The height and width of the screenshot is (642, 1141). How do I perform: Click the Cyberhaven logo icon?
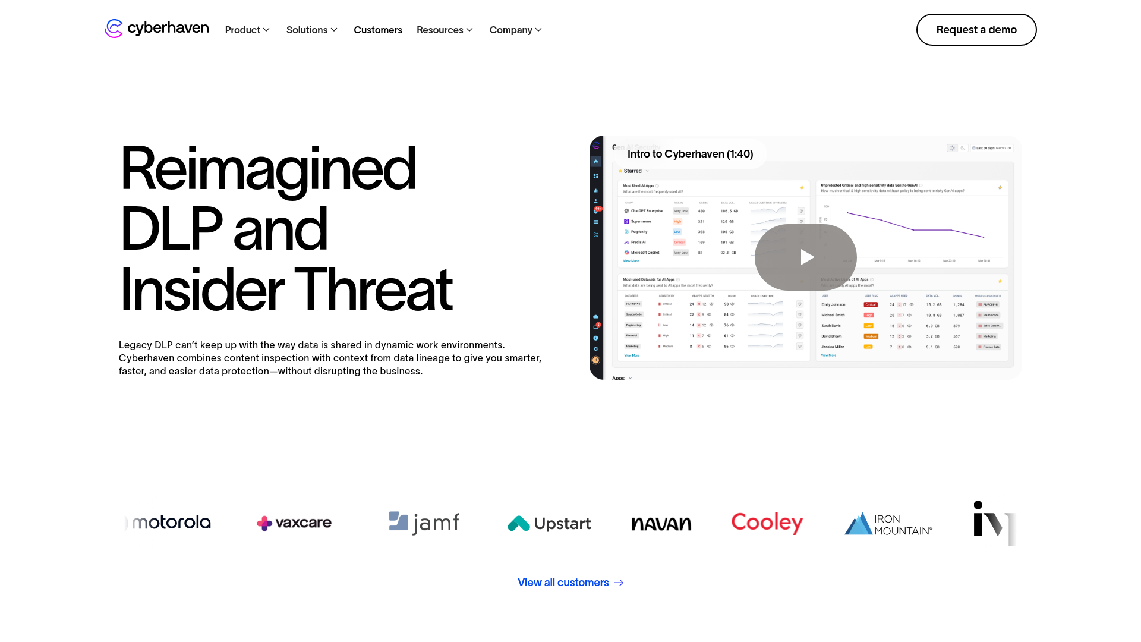tap(114, 29)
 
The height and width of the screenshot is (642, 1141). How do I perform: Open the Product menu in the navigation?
tap(247, 30)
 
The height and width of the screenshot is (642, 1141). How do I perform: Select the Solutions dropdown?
tap(311, 30)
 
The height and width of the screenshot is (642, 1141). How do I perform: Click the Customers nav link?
tap(378, 30)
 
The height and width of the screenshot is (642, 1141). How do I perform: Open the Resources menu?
tap(445, 30)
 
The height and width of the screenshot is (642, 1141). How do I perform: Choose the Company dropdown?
tap(515, 30)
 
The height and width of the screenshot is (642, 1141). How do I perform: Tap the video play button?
tap(806, 257)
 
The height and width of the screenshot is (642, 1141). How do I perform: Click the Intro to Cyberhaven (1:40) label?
tap(690, 154)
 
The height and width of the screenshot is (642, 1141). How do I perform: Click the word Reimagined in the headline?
tap(267, 169)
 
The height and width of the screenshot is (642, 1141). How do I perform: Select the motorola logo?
tap(171, 523)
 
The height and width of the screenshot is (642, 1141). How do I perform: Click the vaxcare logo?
tap(294, 523)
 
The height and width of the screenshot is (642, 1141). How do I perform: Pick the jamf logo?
tap(424, 523)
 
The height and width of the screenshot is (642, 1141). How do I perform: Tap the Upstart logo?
tap(549, 524)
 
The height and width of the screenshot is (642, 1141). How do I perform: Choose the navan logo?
tap(661, 524)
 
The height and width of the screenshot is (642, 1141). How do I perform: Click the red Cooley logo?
tap(767, 523)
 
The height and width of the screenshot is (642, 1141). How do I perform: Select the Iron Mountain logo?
tap(888, 524)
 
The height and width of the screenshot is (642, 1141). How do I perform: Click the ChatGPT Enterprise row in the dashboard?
tap(647, 211)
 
